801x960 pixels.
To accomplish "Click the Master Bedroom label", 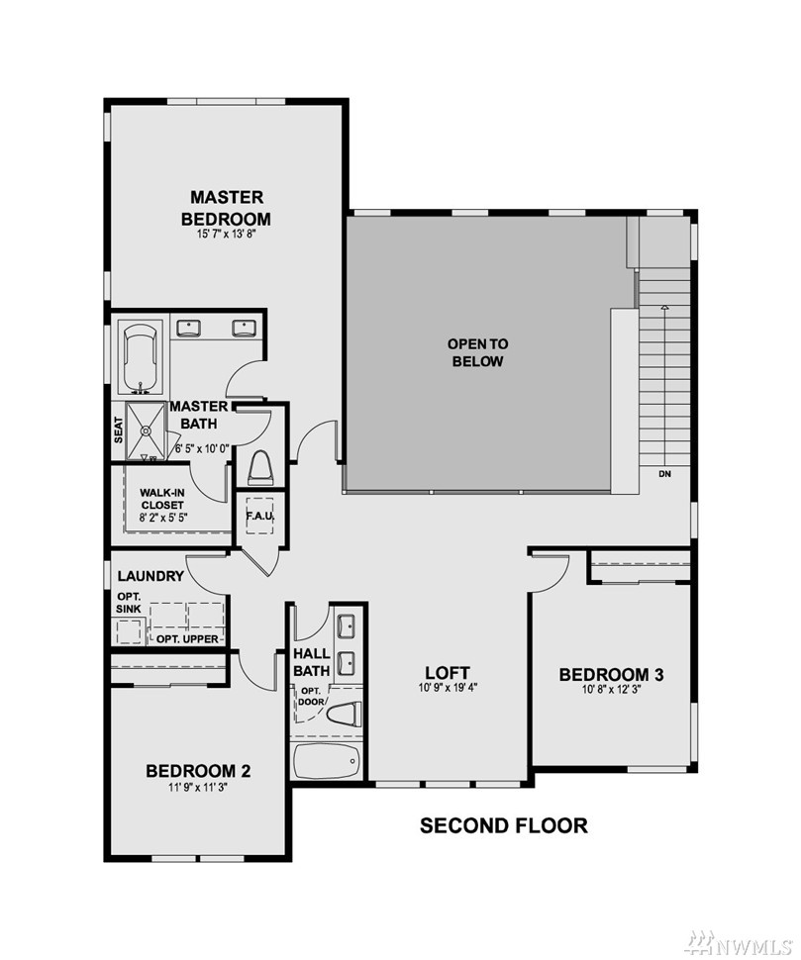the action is click(x=226, y=208).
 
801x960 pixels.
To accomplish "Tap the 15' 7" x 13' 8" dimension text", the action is click(x=226, y=234).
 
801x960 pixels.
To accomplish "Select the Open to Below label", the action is click(x=477, y=352).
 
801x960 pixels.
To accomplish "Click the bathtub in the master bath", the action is click(x=141, y=358).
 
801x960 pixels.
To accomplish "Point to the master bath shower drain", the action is click(x=146, y=431).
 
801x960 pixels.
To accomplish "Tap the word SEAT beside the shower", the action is click(x=118, y=430).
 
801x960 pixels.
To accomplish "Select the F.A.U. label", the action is click(x=259, y=516).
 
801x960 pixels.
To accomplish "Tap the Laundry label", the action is click(x=150, y=576).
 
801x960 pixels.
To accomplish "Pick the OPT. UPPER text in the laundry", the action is click(x=187, y=639).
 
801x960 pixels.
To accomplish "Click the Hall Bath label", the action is click(x=311, y=662).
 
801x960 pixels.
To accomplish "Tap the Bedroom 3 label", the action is click(x=611, y=675).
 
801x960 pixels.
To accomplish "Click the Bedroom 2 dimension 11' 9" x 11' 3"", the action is click(x=198, y=788).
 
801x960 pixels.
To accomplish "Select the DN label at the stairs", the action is click(x=664, y=474).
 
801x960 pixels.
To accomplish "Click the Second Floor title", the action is click(x=503, y=825).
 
